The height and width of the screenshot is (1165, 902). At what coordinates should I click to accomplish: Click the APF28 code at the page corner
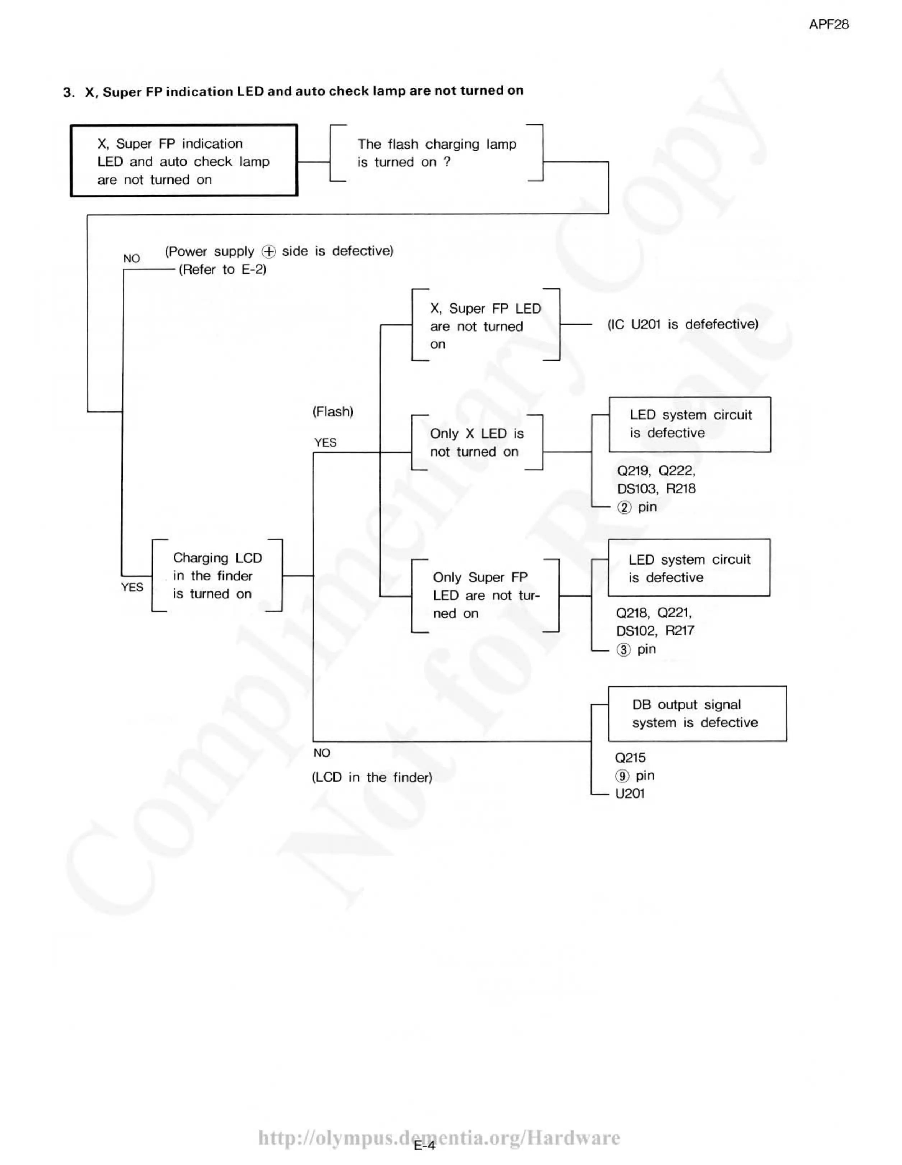click(828, 24)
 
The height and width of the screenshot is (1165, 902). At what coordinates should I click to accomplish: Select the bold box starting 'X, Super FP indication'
click(184, 161)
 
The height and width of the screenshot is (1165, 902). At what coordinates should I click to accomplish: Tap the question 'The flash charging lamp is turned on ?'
click(436, 153)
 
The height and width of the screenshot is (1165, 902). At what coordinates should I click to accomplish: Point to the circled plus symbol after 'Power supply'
click(269, 251)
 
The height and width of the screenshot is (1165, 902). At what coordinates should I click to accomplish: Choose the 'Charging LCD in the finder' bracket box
click(217, 576)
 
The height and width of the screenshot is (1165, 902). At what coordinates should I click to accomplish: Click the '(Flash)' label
click(333, 412)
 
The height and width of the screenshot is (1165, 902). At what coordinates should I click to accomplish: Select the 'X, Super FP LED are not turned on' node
click(485, 326)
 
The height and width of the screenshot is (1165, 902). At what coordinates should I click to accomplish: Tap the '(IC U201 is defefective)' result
click(682, 324)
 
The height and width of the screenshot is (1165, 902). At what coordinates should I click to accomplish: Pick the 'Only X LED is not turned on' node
click(477, 443)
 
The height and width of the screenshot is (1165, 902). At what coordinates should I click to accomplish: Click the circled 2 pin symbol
click(624, 507)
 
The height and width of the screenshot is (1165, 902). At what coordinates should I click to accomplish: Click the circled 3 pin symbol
click(623, 650)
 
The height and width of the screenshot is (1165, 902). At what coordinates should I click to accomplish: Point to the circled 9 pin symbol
click(622, 776)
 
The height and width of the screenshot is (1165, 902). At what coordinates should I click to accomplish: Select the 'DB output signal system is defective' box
click(697, 714)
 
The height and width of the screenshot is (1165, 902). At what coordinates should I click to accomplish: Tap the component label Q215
click(630, 758)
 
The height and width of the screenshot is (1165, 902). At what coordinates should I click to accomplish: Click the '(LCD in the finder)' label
click(372, 777)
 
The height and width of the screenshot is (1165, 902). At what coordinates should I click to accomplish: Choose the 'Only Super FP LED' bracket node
click(485, 595)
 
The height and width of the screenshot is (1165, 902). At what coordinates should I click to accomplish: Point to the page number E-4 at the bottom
click(424, 1145)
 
